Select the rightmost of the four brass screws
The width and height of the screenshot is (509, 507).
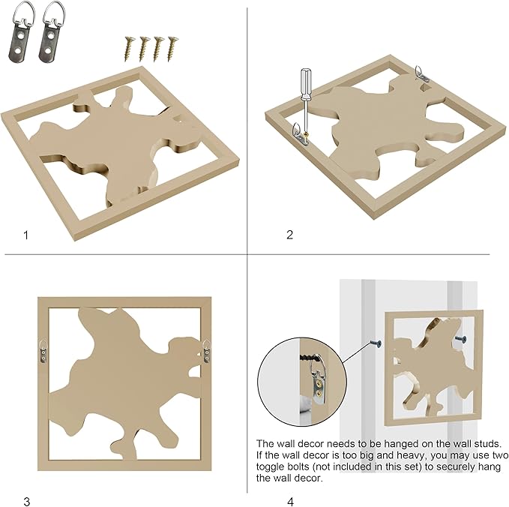click(172, 49)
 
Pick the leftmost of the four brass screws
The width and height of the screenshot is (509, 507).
click(128, 49)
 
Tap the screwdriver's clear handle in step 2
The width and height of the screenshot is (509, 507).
click(305, 84)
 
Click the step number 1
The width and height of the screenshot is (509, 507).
click(26, 235)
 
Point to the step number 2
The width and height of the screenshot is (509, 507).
click(289, 235)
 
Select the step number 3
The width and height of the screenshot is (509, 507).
click(27, 501)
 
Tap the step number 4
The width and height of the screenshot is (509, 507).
click(290, 501)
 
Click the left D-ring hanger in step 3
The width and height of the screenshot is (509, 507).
click(43, 351)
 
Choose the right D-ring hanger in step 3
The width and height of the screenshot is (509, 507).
click(207, 351)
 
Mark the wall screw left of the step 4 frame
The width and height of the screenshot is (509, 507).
click(376, 343)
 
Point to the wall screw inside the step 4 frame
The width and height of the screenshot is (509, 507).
click(461, 339)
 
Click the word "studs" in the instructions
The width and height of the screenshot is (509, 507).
click(485, 444)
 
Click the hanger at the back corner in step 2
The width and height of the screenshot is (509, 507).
click(422, 73)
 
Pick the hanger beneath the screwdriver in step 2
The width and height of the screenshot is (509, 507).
click(301, 133)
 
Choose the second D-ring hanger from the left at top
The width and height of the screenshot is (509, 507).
click(51, 32)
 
